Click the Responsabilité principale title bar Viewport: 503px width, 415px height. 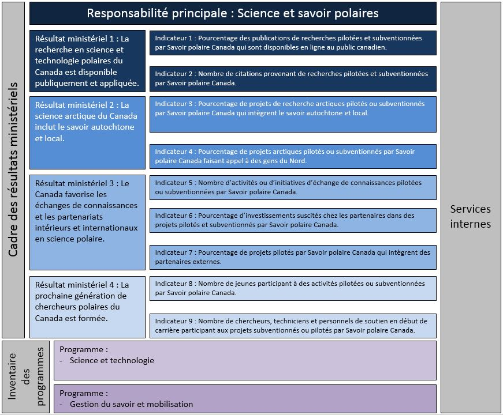pos(233,13)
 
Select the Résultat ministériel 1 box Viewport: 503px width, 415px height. pos(87,61)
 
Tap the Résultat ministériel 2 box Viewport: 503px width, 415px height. pos(87,133)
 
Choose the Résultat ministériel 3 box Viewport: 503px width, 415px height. pos(87,222)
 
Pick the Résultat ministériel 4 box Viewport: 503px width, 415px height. pos(87,307)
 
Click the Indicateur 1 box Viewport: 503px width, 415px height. pos(293,43)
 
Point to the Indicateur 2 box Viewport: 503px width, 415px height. pos(293,78)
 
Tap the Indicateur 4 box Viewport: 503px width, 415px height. pos(293,156)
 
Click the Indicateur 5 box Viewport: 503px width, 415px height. pos(293,187)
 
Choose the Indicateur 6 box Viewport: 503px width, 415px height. pos(293,220)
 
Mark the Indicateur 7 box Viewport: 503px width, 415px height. pos(293,257)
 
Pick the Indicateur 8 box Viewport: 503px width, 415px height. pos(293,288)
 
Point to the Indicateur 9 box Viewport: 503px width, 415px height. pos(293,326)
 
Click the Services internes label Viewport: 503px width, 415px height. pos(470,216)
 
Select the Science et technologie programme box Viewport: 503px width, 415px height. pos(245,360)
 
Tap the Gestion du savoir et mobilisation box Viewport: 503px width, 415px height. pos(245,399)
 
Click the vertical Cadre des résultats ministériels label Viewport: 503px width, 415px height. pos(13,170)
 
